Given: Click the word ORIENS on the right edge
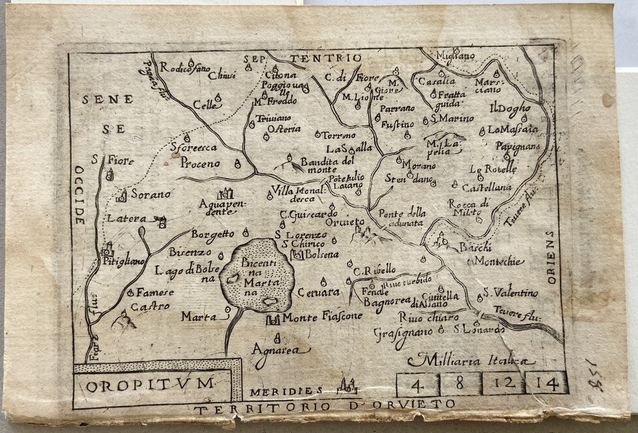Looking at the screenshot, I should pyautogui.click(x=551, y=257).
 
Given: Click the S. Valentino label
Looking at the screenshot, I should pyautogui.click(x=511, y=293).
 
